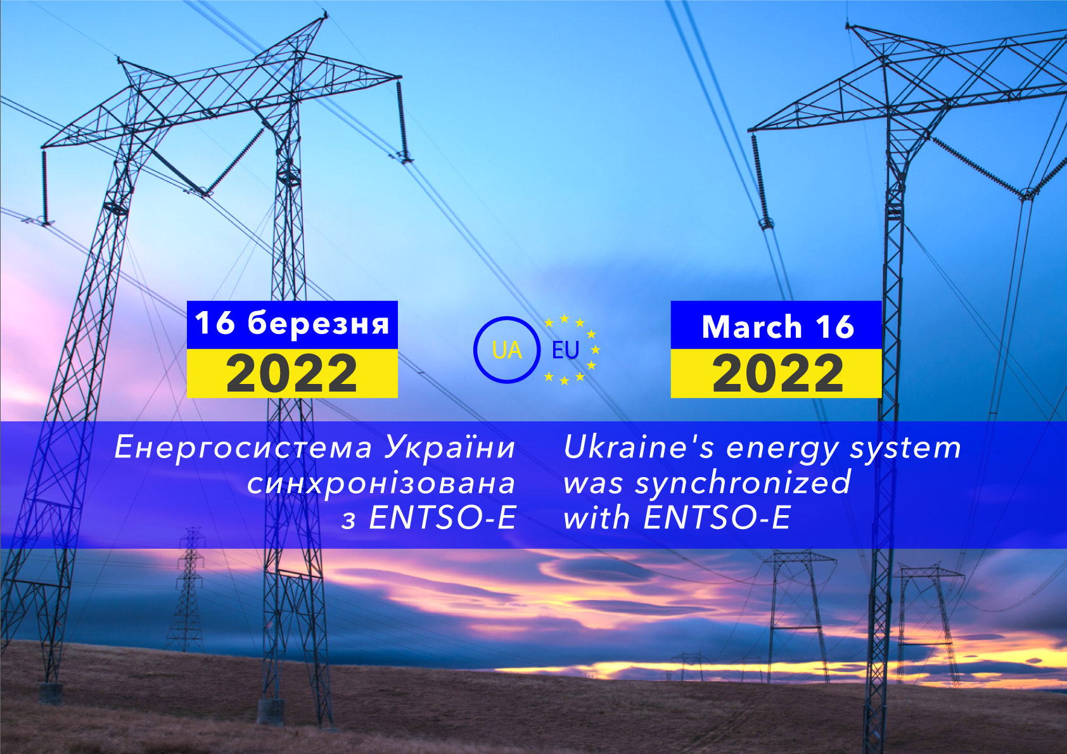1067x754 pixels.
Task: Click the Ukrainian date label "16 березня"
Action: (292, 324)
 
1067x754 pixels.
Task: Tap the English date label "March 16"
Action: (778, 327)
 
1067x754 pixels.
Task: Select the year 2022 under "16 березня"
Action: (291, 373)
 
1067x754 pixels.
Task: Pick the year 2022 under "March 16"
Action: (777, 373)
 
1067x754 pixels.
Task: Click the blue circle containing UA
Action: (475, 350)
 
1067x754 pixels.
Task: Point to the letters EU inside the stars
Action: (565, 350)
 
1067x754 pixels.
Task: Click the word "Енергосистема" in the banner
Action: (243, 448)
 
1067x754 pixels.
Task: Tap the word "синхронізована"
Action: (381, 483)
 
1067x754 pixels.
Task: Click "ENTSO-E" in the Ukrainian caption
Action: (442, 518)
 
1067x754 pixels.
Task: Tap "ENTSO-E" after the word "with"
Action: (717, 518)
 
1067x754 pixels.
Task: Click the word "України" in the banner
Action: (450, 448)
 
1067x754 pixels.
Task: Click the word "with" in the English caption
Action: (597, 517)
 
